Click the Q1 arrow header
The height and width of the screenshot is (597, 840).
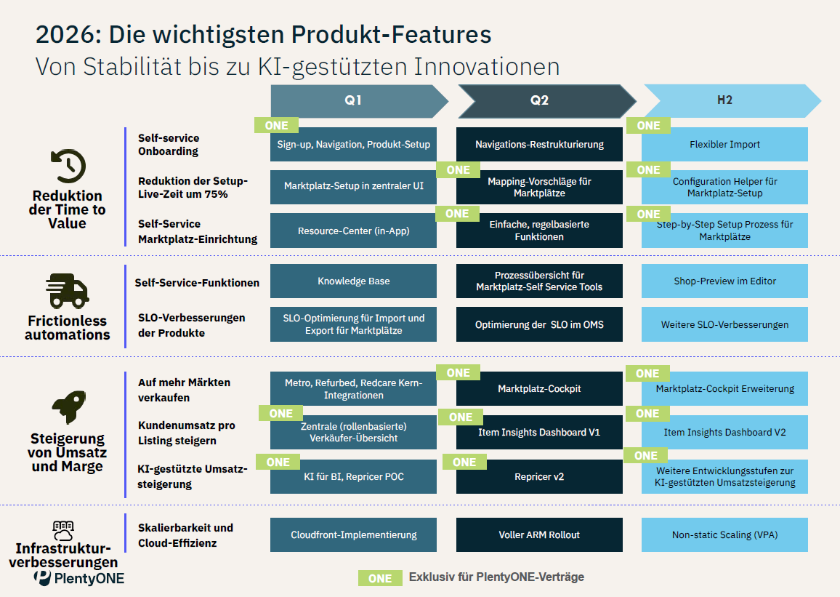(354, 101)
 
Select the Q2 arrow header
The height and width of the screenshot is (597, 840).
(540, 101)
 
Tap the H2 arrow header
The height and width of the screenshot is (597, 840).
(724, 101)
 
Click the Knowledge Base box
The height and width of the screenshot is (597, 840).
(353, 281)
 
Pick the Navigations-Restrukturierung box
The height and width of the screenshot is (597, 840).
(539, 144)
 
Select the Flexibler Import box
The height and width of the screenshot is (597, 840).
(724, 144)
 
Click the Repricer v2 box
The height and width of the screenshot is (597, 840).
(539, 477)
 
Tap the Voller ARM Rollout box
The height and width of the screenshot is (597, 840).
(539, 534)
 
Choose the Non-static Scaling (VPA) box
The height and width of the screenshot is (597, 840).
(724, 534)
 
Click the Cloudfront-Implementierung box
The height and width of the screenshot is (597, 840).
(353, 534)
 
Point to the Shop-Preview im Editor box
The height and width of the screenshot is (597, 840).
(724, 281)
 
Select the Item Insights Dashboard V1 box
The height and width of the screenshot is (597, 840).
(539, 432)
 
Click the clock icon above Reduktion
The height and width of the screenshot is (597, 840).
(68, 166)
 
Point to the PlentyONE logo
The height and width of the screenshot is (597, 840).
(79, 578)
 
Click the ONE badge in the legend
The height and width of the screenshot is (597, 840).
(380, 578)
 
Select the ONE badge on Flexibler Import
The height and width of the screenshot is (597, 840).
(648, 126)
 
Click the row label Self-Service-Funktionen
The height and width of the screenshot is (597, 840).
(197, 282)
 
